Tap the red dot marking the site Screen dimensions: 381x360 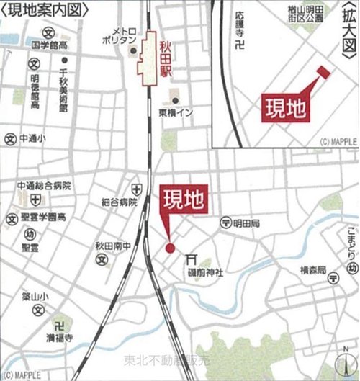point(171,248)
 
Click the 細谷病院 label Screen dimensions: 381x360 point(119,202)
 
